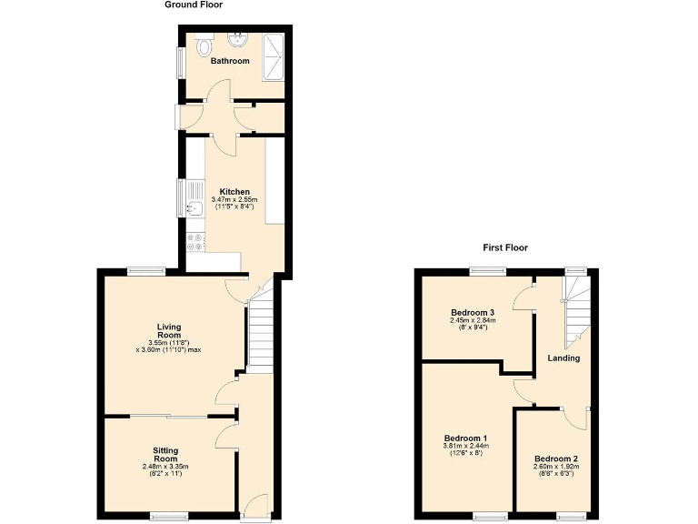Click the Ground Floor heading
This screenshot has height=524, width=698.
click(194, 5)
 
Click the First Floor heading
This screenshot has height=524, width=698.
click(505, 247)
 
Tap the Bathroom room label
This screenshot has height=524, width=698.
click(230, 62)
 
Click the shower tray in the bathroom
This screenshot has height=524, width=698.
click(273, 57)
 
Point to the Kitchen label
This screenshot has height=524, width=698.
click(234, 192)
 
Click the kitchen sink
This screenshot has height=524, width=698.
click(194, 208)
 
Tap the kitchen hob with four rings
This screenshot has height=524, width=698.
click(194, 242)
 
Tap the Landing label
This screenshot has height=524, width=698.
click(563, 358)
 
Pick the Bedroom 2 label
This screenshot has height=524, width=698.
click(556, 458)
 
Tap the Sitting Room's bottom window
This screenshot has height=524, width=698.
click(170, 517)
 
